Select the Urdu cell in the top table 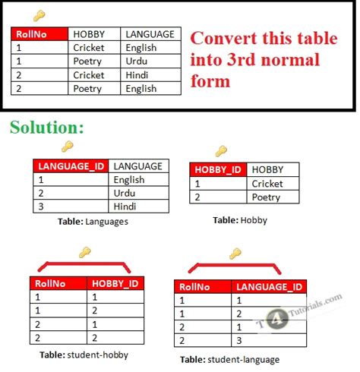pyautogui.click(x=137, y=61)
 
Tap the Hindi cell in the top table pyautogui.click(x=138, y=75)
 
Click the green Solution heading pyautogui.click(x=46, y=127)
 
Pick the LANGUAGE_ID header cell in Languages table pyautogui.click(x=70, y=166)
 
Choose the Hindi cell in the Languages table pyautogui.click(x=128, y=206)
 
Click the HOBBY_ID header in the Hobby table pyautogui.click(x=218, y=170)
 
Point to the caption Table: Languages pyautogui.click(x=93, y=222)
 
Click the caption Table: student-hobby pyautogui.click(x=83, y=354)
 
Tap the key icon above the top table pyautogui.click(x=39, y=15)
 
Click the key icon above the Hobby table pyautogui.click(x=220, y=151)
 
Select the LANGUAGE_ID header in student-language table pyautogui.click(x=270, y=287)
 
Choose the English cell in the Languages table pyautogui.click(x=128, y=180)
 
